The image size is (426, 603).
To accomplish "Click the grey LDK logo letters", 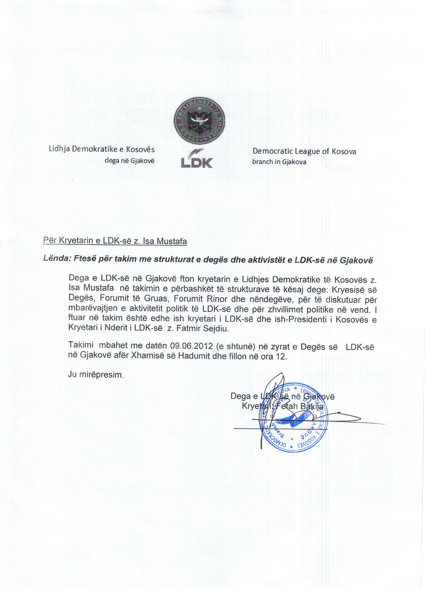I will (197, 162).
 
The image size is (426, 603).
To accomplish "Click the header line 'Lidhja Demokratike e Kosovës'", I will (102, 149).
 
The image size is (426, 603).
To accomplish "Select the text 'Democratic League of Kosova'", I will (304, 152).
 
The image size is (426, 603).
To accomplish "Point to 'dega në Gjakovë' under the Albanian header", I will (129, 160).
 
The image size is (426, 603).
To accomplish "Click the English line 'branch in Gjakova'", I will (279, 162).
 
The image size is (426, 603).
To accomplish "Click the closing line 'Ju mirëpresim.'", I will (96, 374).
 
